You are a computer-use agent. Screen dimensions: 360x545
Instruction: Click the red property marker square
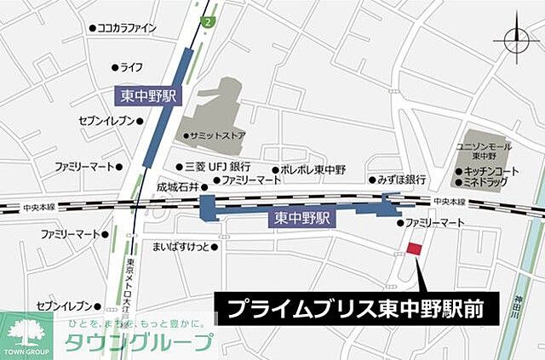point(415,249)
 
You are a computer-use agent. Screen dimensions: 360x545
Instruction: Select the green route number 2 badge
point(208,18)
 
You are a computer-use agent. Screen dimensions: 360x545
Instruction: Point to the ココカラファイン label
point(126,28)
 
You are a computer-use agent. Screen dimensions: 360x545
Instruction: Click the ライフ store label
point(129,66)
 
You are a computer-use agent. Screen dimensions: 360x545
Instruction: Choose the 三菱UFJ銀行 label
point(216,167)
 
